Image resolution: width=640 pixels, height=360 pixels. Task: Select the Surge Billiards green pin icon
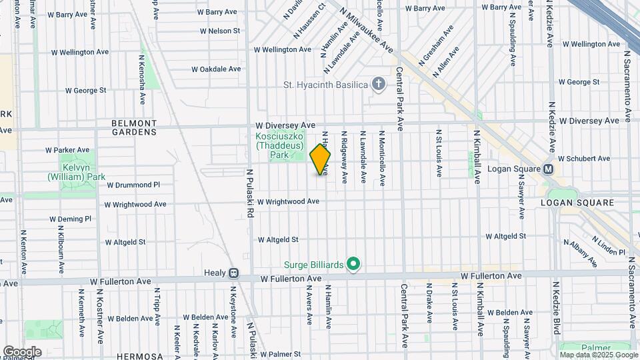coord(354,265)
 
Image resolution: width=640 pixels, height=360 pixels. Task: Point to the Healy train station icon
coord(233,273)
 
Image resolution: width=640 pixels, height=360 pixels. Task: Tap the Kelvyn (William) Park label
coord(76,172)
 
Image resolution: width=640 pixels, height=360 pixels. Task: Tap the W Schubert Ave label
coord(584,159)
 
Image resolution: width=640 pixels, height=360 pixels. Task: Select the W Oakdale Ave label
coord(215,69)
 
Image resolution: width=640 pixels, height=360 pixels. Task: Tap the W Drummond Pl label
coord(133,185)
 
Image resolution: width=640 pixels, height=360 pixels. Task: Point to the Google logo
coord(21,352)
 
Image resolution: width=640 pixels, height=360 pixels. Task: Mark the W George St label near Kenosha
coord(85,90)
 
